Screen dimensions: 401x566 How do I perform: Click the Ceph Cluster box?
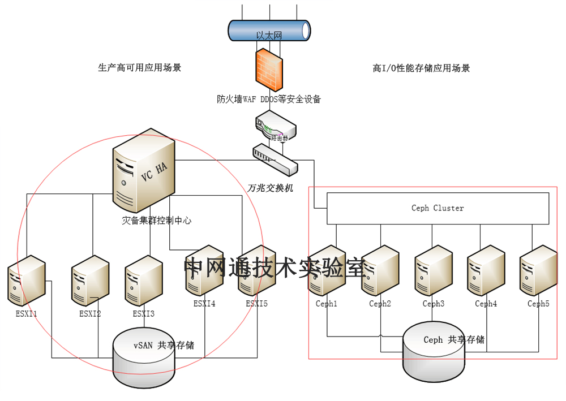click(438, 208)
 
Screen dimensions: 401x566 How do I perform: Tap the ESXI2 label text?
click(90, 313)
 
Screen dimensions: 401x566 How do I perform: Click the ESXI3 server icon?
click(143, 281)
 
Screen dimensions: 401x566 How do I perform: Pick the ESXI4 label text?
click(204, 304)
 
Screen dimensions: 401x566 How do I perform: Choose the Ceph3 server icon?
click(434, 271)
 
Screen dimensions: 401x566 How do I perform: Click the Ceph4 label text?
click(486, 304)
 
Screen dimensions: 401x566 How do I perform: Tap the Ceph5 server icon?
click(538, 271)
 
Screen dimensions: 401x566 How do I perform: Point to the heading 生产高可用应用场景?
click(140, 68)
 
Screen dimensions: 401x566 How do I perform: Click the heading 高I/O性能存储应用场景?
click(421, 68)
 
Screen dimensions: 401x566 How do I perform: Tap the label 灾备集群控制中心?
click(157, 220)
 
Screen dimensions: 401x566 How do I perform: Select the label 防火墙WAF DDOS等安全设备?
click(269, 99)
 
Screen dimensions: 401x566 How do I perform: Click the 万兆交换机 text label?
click(271, 188)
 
